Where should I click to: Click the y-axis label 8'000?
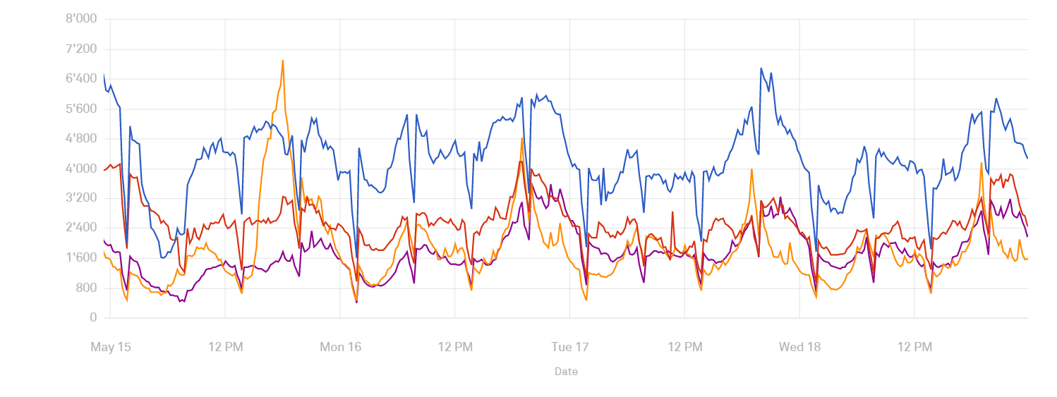coord(81,19)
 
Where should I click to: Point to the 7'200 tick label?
coord(81,49)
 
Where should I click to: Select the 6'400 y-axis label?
coord(81,79)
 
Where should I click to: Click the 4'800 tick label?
coord(81,139)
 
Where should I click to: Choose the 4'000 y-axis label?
coord(81,169)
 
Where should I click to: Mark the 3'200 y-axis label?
coord(81,198)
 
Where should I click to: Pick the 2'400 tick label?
coord(81,228)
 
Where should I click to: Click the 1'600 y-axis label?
coord(81,258)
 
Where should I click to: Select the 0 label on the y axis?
coord(93,318)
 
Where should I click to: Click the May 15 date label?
coord(111,347)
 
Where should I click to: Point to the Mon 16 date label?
coord(340,347)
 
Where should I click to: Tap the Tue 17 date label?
coord(570,347)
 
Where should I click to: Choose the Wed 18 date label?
coord(799,347)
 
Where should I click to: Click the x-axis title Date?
coord(566,372)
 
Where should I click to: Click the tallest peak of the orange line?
coord(283,61)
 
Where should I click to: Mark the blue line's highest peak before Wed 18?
coord(761,68)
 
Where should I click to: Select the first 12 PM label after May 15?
coord(225,347)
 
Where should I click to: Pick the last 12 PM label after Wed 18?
coord(914,347)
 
